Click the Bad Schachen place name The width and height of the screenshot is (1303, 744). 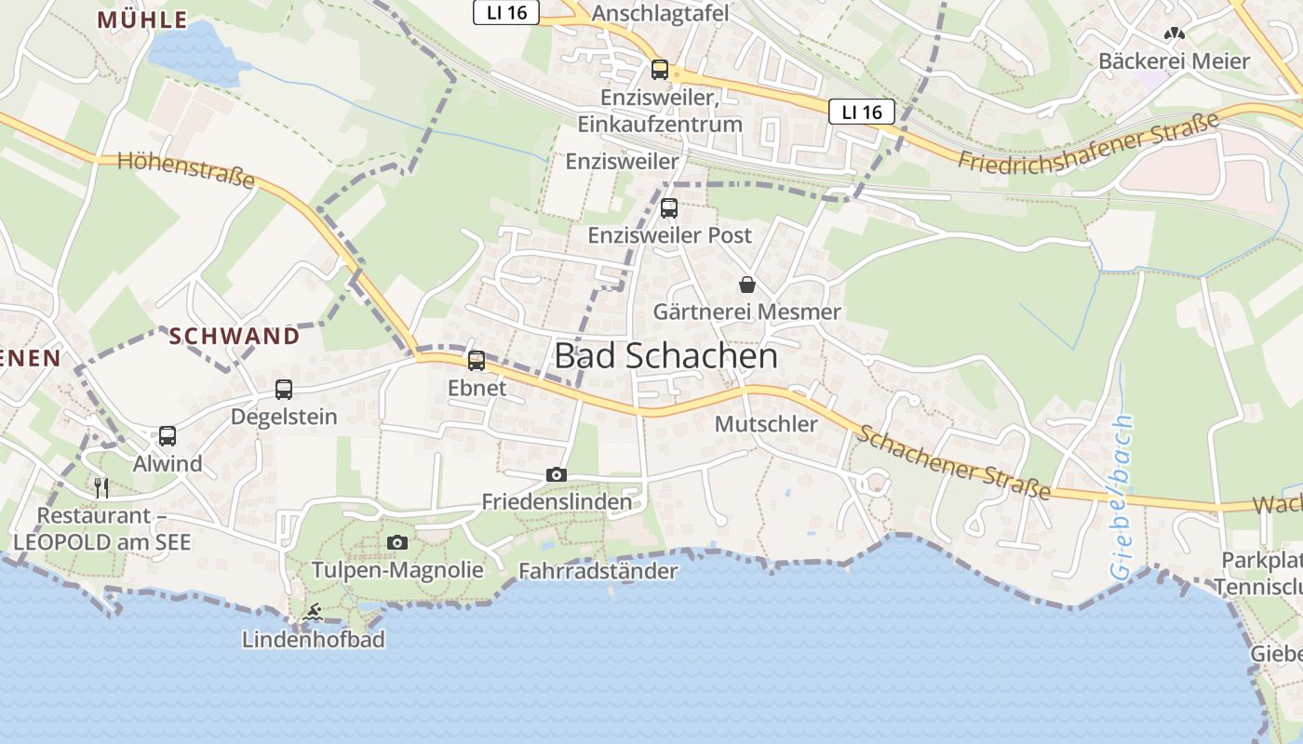coord(665,356)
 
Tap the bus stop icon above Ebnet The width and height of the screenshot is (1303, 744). coord(477,361)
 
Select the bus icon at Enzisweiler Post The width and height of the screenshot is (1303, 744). coord(669,208)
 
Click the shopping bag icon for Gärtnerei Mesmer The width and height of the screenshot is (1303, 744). coord(747,285)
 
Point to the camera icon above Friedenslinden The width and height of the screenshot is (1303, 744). coord(557,475)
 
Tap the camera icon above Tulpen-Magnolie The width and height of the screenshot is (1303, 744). coord(397,543)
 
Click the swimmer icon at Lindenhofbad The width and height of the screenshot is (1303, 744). coord(313,613)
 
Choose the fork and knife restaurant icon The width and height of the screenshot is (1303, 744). coord(101,487)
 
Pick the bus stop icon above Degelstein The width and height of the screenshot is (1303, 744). coord(284,390)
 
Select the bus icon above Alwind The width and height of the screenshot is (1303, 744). coord(168,436)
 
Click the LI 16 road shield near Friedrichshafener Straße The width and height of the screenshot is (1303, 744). coord(861,112)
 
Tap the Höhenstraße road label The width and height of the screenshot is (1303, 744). coord(187,169)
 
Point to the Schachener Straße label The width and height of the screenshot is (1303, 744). coord(954,462)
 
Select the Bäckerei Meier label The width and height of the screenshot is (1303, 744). coord(1174,61)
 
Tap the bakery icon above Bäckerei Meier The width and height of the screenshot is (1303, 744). coord(1175,34)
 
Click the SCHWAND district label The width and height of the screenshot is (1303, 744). coord(235,336)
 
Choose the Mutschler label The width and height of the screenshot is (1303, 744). coord(766,424)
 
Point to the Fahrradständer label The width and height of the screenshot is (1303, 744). coord(598,571)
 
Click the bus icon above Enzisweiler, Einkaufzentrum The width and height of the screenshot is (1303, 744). coord(660,69)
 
